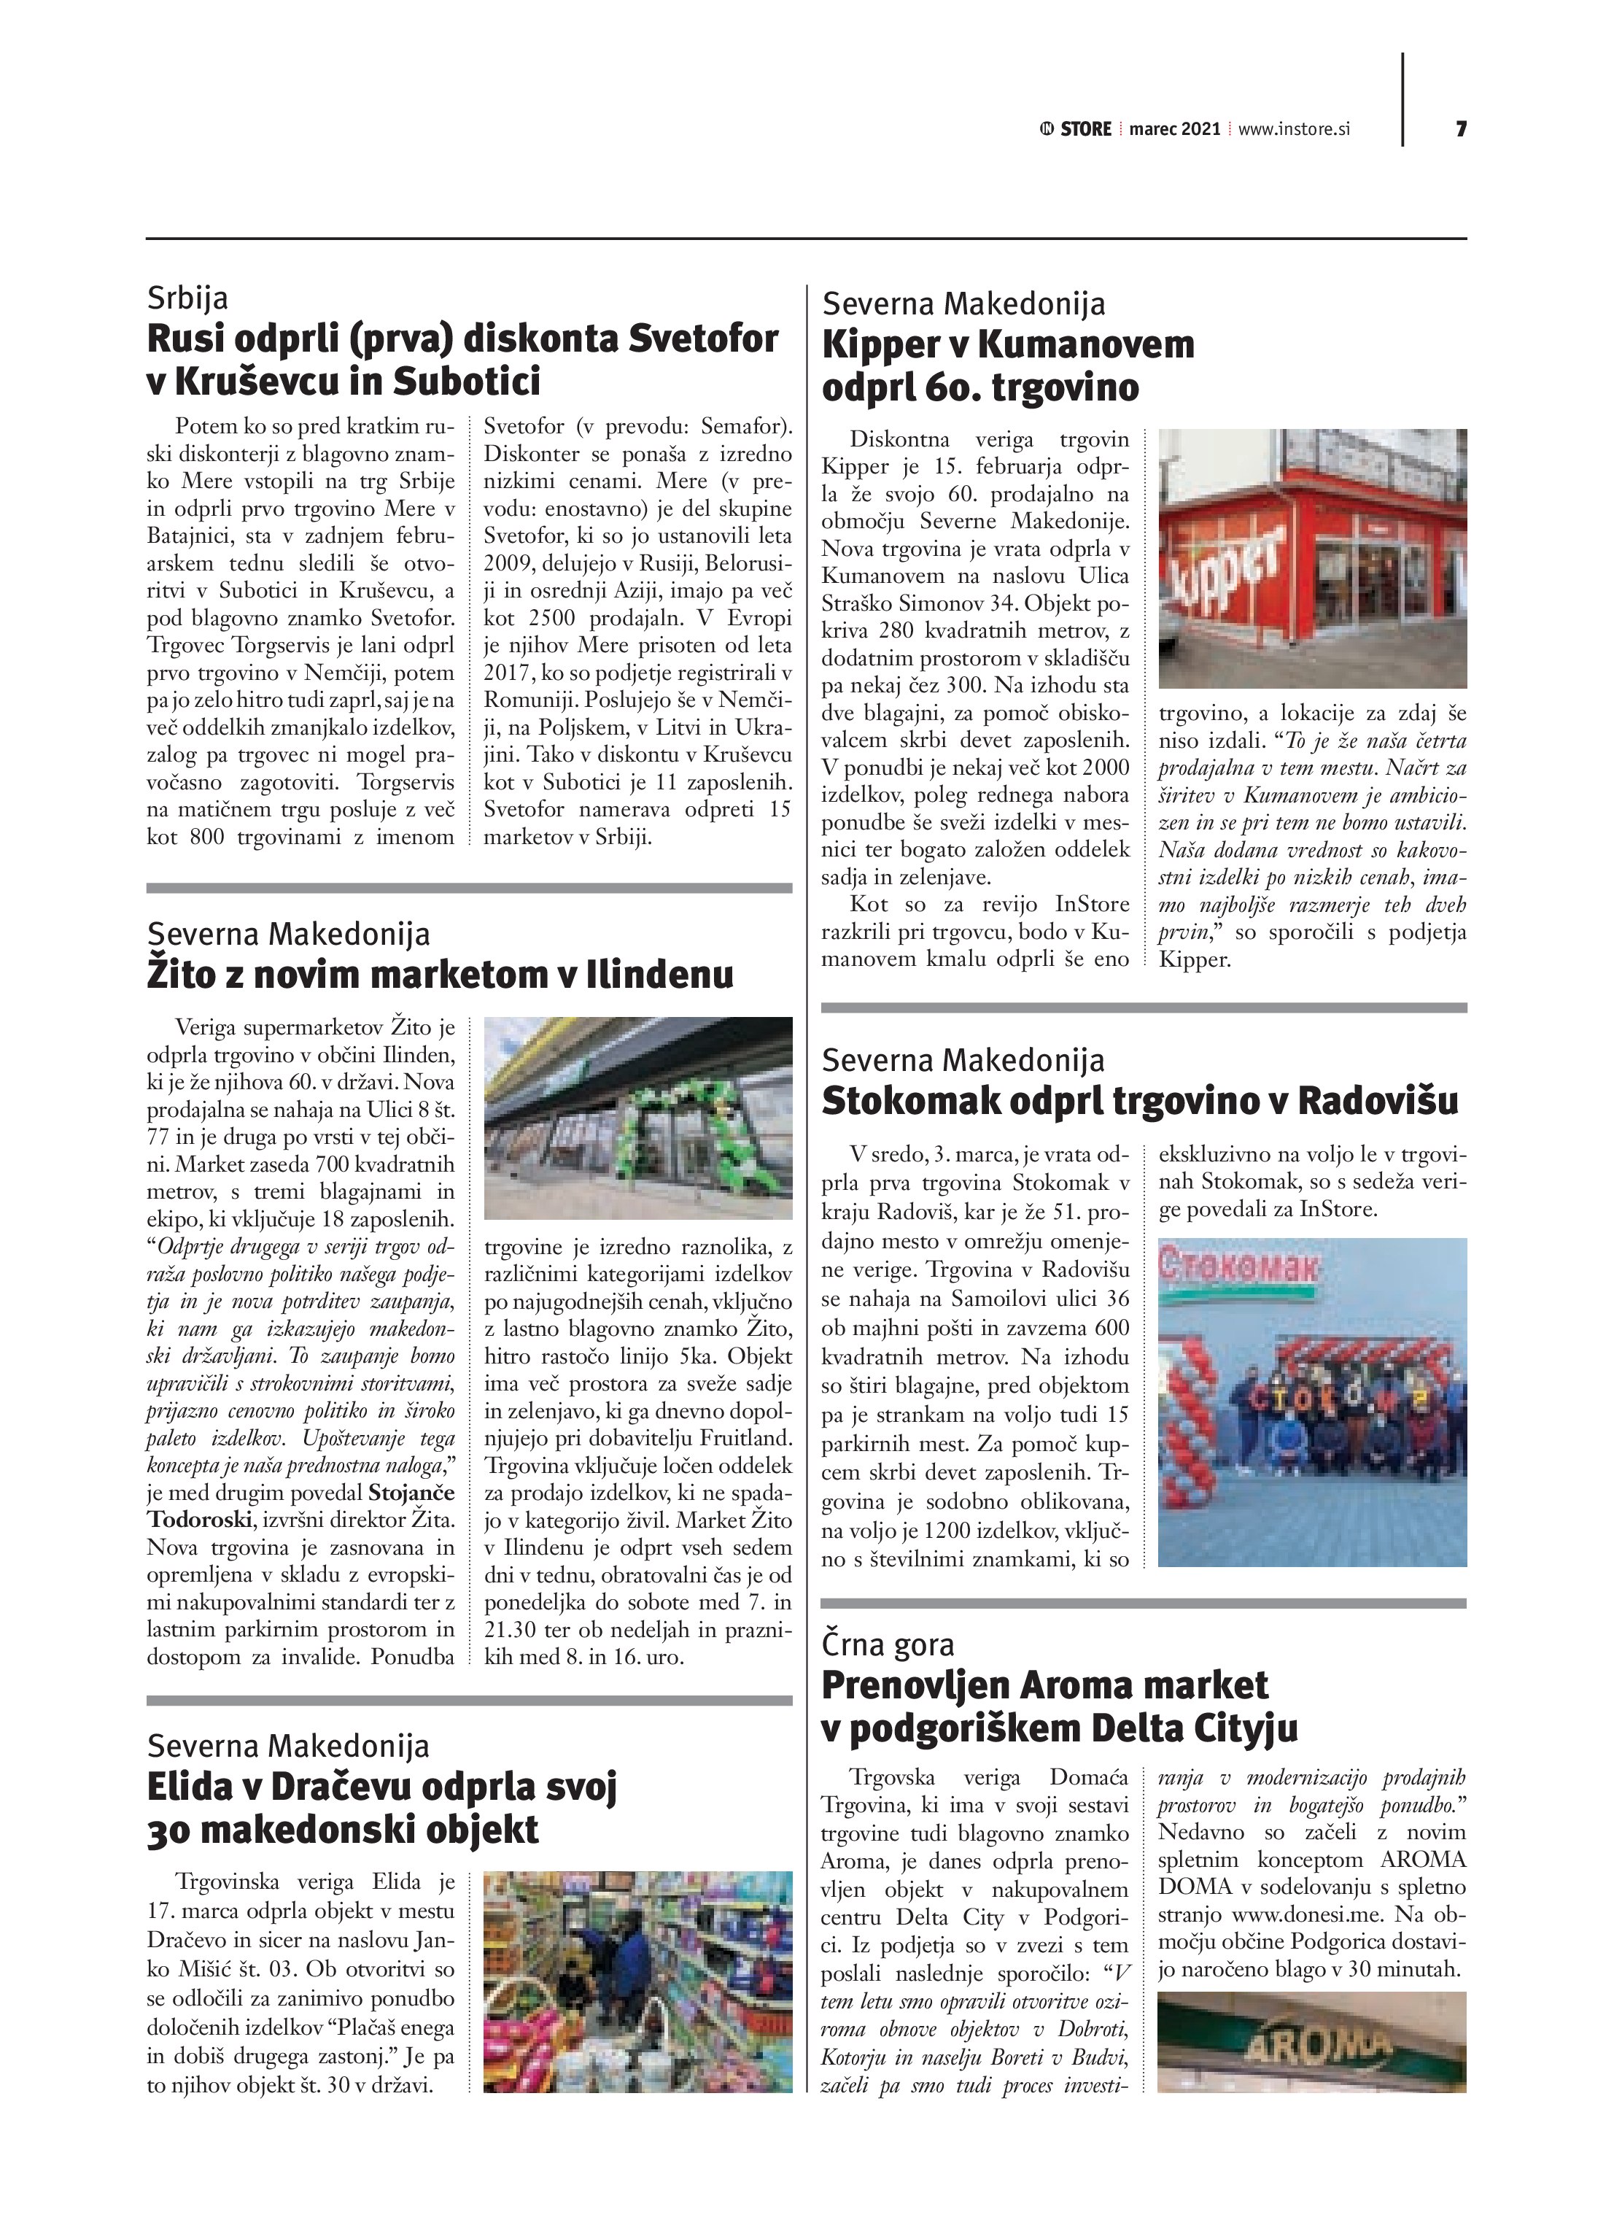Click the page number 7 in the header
pos(1460,129)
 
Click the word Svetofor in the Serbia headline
pos(704,339)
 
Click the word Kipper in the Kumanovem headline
pos(872,344)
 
